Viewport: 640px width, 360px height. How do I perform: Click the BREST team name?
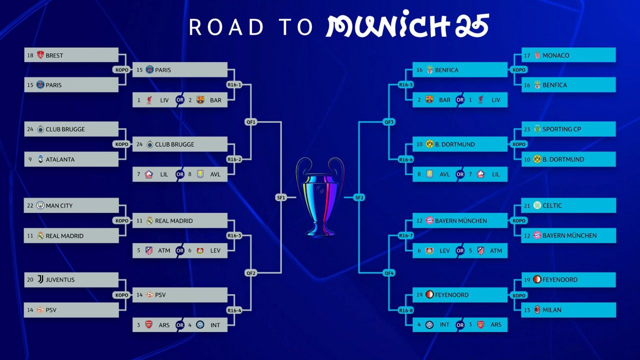54,55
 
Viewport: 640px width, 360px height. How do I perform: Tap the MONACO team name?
555,55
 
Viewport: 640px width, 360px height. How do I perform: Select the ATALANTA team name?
60,159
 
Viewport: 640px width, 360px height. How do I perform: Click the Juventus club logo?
40,279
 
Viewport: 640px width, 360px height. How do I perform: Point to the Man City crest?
40,205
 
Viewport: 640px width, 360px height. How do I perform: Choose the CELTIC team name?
552,205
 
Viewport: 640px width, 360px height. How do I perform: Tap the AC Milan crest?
537,309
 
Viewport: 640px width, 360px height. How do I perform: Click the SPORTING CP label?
561,129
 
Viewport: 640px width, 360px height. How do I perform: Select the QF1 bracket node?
251,122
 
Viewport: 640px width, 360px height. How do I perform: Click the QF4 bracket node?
389,273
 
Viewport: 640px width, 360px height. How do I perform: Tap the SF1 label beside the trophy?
281,197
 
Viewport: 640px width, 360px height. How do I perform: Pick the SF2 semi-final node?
359,197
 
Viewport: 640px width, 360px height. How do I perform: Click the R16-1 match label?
234,84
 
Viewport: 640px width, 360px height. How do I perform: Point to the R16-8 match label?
406,310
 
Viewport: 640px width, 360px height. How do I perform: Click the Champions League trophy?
320,197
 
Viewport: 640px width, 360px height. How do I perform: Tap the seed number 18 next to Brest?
30,55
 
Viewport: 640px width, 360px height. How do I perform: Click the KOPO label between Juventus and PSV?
121,295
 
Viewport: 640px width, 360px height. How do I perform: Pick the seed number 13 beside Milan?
527,310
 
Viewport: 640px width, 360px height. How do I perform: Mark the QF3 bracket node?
389,122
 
